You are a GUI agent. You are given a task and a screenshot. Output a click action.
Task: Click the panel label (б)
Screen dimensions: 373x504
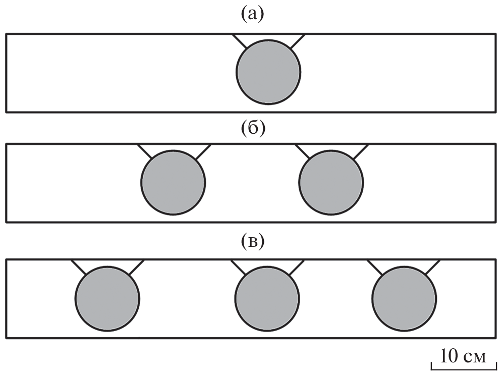pyautogui.click(x=252, y=129)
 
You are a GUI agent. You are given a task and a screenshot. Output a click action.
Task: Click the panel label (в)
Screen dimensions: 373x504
pyautogui.click(x=252, y=242)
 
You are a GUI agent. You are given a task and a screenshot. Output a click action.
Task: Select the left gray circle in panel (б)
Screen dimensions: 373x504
pyautogui.click(x=173, y=182)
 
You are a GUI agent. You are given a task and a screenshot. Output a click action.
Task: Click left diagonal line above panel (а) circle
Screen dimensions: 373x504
pyautogui.click(x=240, y=41)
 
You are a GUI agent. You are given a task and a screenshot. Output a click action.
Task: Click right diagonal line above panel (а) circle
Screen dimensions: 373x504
pyautogui.click(x=297, y=41)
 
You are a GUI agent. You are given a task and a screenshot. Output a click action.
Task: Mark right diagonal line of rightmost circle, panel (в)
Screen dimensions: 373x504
pyautogui.click(x=432, y=268)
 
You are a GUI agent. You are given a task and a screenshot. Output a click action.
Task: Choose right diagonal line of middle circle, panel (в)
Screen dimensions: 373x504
pyautogui.click(x=296, y=268)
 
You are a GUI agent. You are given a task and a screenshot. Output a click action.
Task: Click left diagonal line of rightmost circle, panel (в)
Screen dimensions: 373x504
pyautogui.click(x=375, y=268)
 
